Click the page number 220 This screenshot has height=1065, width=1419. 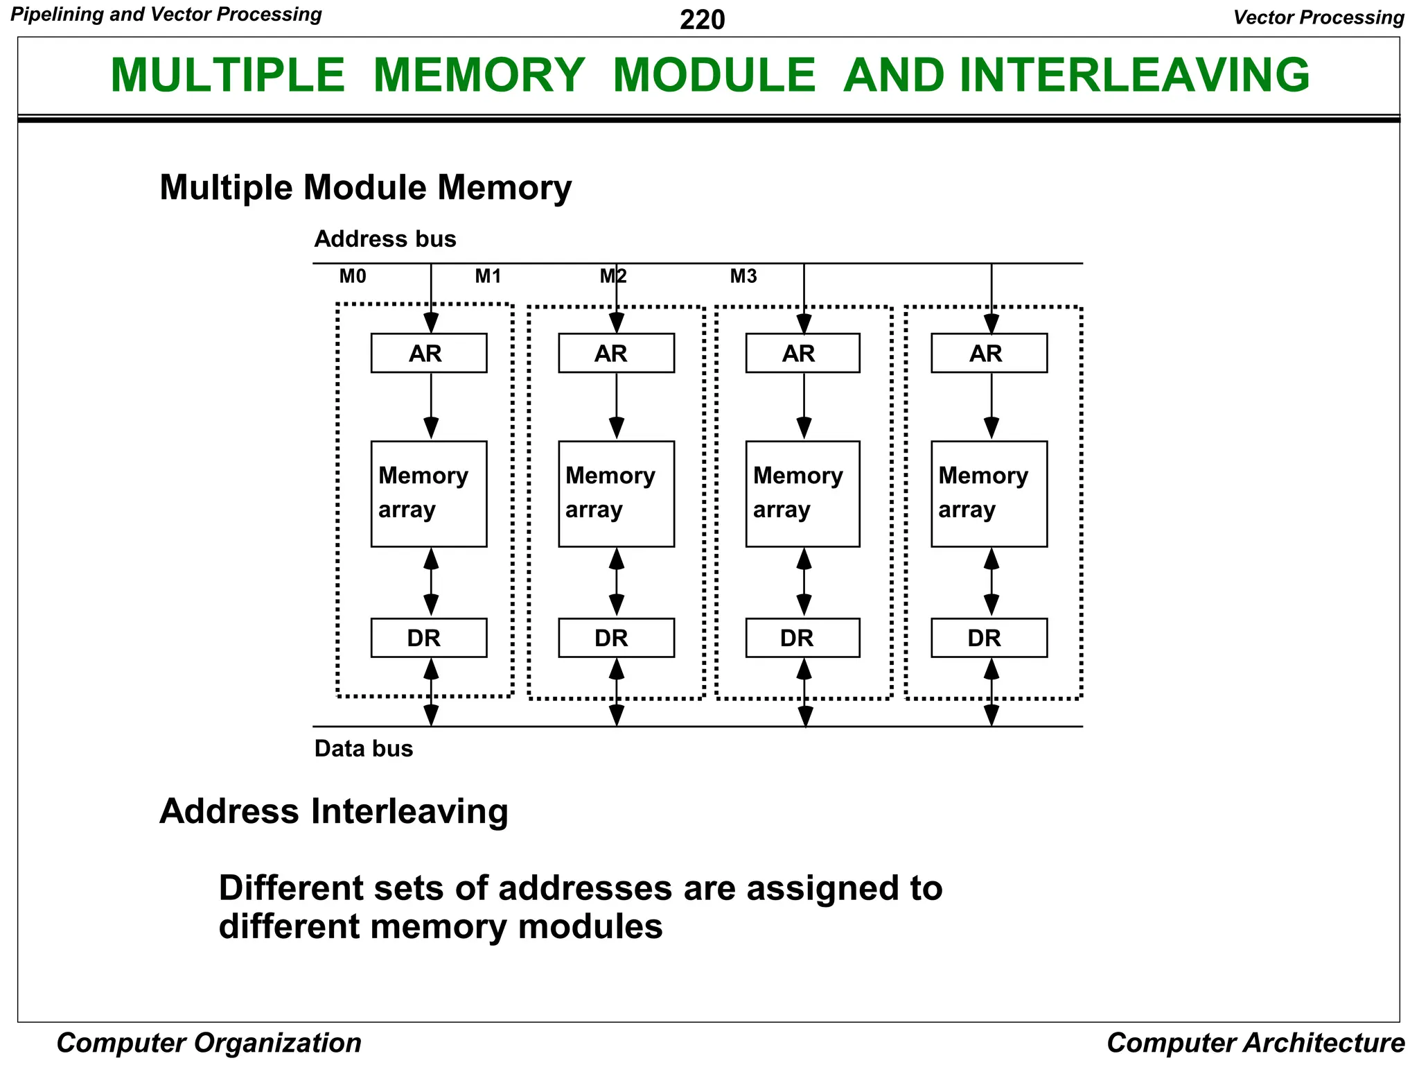point(702,19)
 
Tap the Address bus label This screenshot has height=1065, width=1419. point(385,239)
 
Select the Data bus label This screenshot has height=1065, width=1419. point(364,749)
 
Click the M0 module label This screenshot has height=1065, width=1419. point(353,277)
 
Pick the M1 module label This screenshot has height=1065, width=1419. point(488,277)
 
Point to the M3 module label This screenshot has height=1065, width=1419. point(743,277)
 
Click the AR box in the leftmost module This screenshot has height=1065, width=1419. point(428,354)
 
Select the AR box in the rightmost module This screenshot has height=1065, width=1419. point(989,354)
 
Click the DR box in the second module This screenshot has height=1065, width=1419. point(616,638)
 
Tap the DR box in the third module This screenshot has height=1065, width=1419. point(802,638)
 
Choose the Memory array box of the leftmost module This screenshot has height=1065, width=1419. point(428,494)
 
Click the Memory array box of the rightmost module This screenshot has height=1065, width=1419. point(989,494)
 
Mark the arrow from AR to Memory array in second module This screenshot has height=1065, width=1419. point(617,406)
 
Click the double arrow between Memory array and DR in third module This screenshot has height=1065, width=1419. point(804,582)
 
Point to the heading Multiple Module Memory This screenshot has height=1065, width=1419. point(366,188)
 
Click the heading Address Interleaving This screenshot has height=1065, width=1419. point(334,811)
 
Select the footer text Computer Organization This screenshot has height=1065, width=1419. point(209,1043)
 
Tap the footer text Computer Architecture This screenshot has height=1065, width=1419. point(1255,1043)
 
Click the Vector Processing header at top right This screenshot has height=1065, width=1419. point(1319,17)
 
